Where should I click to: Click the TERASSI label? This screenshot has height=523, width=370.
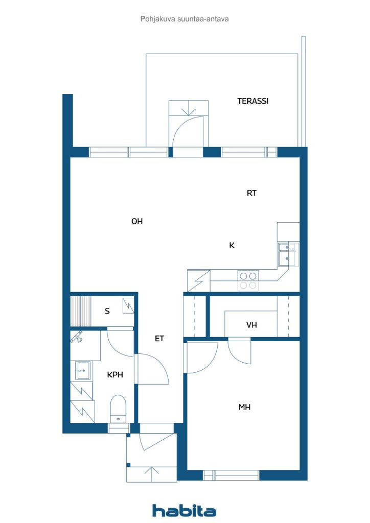252,101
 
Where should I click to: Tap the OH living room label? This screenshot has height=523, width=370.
137,221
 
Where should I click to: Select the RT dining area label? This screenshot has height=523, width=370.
251,193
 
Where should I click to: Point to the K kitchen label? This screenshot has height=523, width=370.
232,246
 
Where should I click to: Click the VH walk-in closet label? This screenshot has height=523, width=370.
251,325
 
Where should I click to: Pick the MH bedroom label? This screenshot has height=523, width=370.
245,407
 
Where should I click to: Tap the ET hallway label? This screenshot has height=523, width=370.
159,339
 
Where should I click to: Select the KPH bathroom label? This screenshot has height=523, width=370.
115,374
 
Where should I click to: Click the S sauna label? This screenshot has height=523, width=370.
107,311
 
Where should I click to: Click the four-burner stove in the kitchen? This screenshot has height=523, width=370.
248,280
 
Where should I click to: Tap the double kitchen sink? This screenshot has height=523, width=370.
287,254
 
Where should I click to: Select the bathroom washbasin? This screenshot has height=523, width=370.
82,371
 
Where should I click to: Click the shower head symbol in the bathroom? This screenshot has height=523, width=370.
77,337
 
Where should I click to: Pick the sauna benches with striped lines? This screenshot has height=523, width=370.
80,311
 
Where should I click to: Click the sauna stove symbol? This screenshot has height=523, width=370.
128,305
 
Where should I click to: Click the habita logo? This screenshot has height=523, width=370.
184,511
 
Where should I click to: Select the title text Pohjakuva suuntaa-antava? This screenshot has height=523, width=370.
184,19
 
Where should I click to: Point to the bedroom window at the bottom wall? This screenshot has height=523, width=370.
231,475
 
